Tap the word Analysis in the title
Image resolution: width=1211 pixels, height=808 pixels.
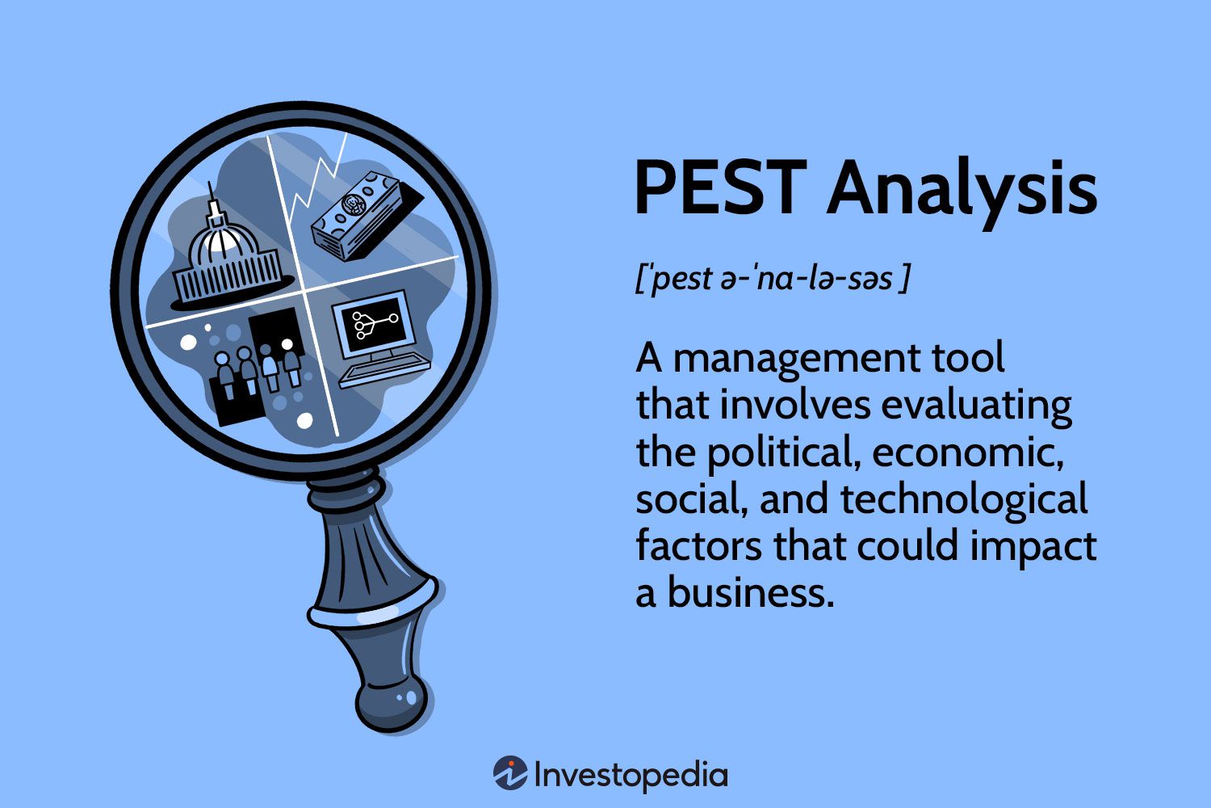pos(961,190)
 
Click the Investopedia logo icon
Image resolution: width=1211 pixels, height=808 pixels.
pos(510,774)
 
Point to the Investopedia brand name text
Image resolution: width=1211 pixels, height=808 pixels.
pos(631,776)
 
